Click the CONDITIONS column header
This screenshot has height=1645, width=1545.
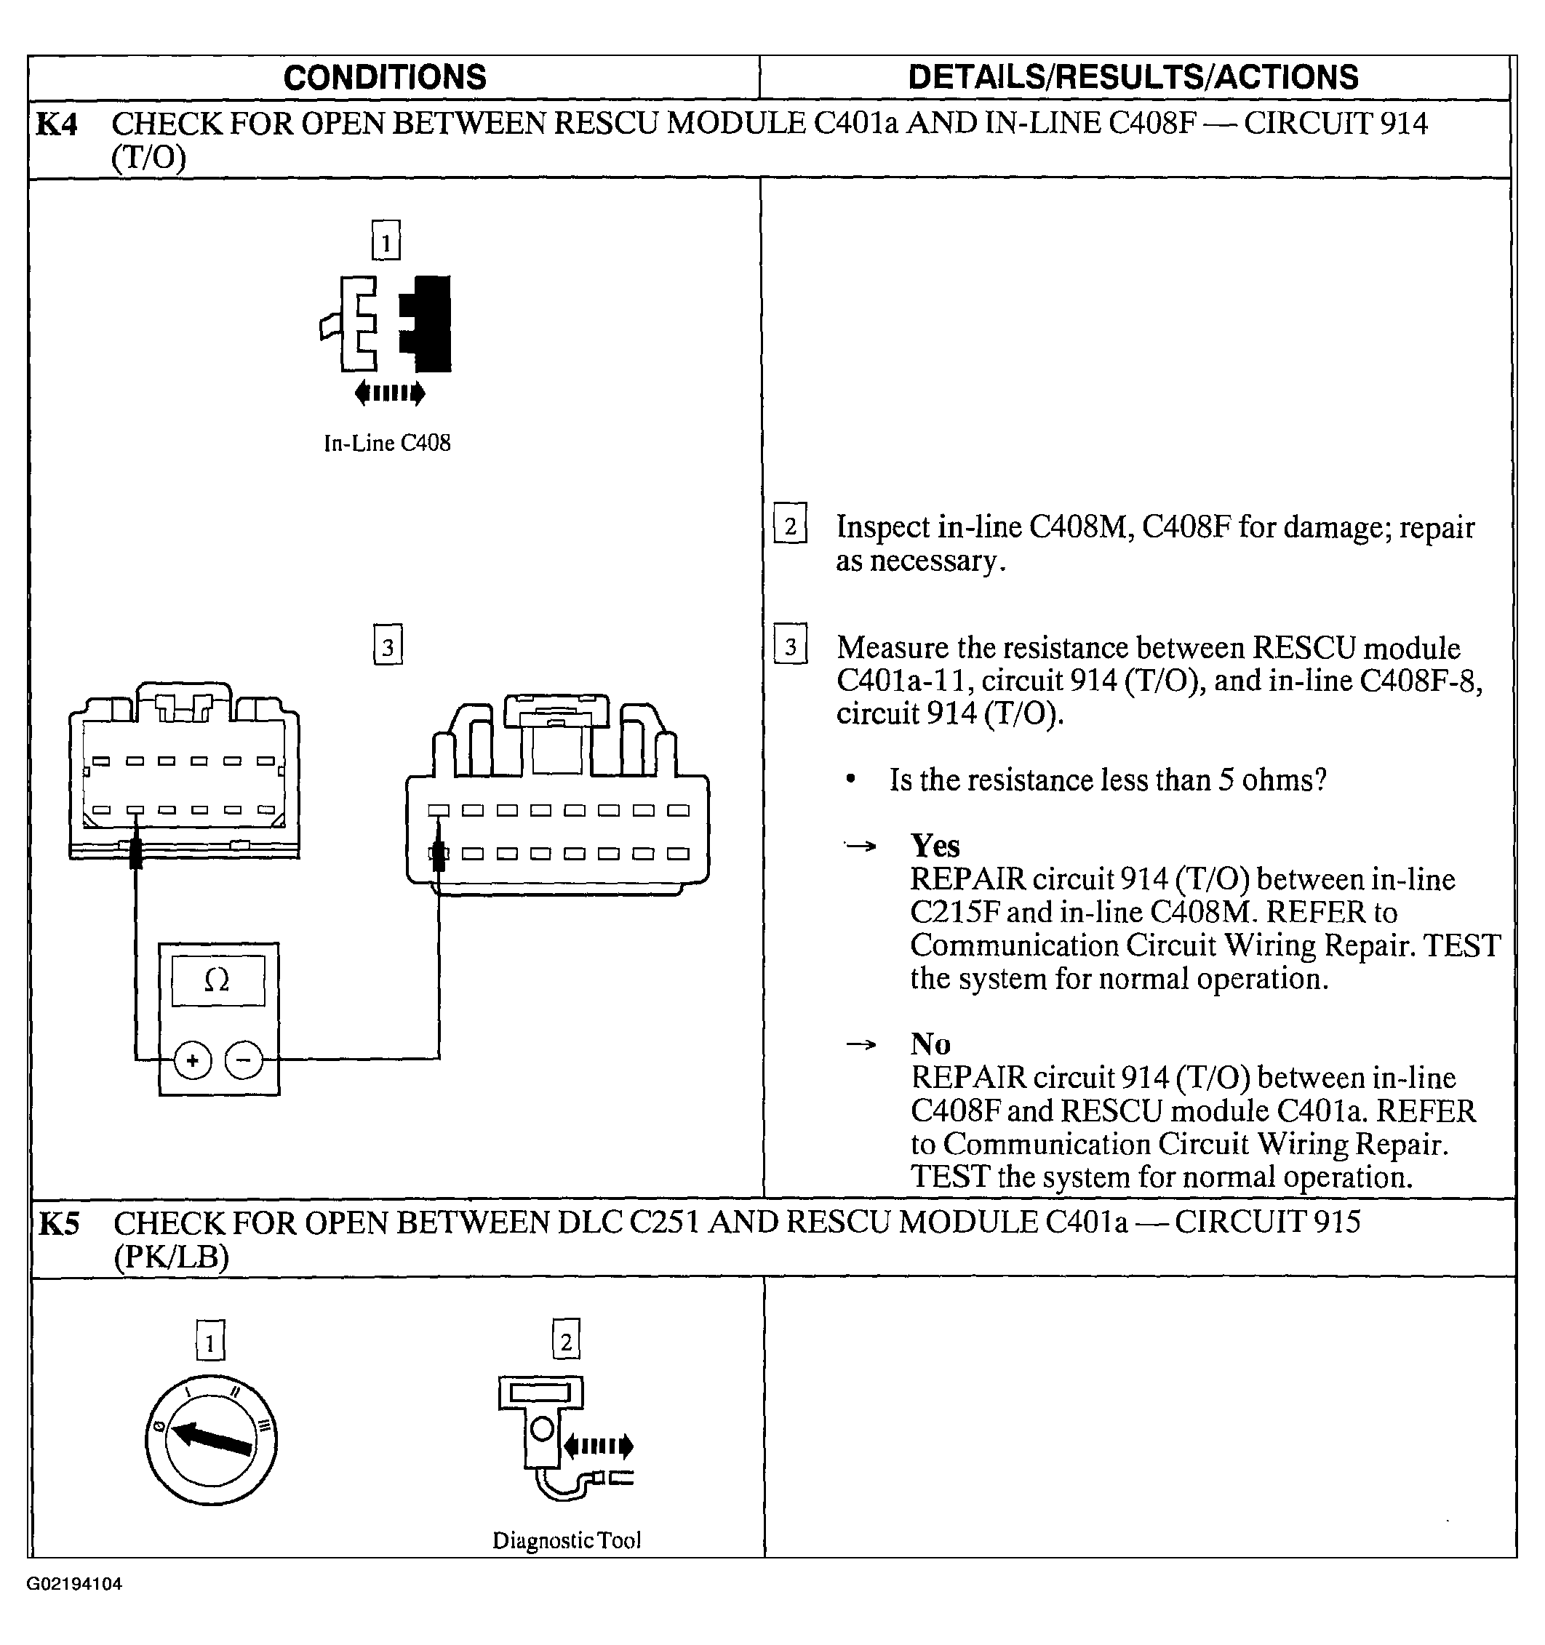[385, 78]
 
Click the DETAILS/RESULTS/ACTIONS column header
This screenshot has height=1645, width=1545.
[1133, 78]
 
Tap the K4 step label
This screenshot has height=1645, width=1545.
[57, 125]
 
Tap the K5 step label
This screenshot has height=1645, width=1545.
[59, 1224]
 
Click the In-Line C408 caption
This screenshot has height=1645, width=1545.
[387, 444]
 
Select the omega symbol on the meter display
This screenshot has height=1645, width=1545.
[217, 980]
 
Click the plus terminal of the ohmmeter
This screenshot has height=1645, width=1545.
[193, 1060]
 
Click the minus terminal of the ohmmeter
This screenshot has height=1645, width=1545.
[244, 1060]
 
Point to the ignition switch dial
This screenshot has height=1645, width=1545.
[211, 1441]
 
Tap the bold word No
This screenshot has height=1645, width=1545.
[930, 1044]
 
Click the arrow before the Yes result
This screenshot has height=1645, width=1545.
[861, 846]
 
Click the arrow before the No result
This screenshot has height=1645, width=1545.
[861, 1044]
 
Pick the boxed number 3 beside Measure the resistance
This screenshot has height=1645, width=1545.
[790, 646]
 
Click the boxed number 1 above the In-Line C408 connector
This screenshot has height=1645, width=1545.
[386, 241]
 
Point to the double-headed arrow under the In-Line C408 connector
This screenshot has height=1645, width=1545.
[390, 393]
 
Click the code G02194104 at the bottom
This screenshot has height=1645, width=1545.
[74, 1584]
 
